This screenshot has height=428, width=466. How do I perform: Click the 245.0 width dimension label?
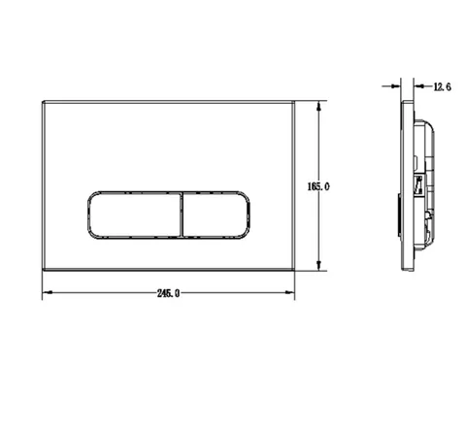(x=168, y=293)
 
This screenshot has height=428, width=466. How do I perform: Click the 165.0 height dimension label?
(x=318, y=186)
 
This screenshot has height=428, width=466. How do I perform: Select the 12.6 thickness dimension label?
(x=442, y=87)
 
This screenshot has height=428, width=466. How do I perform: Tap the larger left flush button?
(x=135, y=215)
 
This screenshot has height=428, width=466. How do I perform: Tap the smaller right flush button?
(x=216, y=215)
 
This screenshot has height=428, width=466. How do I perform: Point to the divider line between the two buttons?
(x=182, y=215)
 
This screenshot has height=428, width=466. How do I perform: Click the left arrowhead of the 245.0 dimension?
(x=48, y=292)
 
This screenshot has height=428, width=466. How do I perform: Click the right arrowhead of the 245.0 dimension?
(x=289, y=292)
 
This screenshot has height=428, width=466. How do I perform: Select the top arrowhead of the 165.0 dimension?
(x=319, y=106)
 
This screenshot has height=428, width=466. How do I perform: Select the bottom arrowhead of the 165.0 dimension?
(x=319, y=265)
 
